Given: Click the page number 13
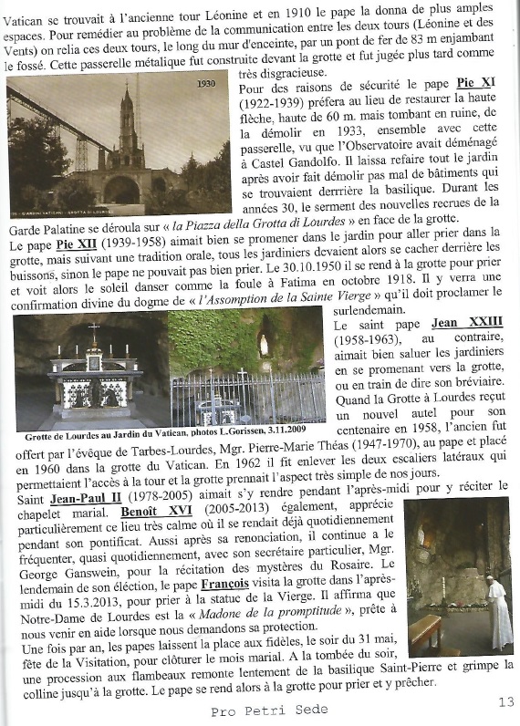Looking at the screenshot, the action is pyautogui.click(x=506, y=701).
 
